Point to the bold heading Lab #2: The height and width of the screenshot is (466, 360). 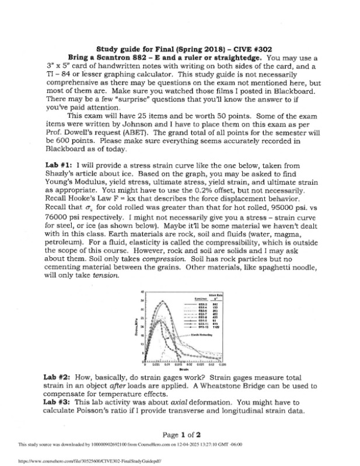tap(58, 378)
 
